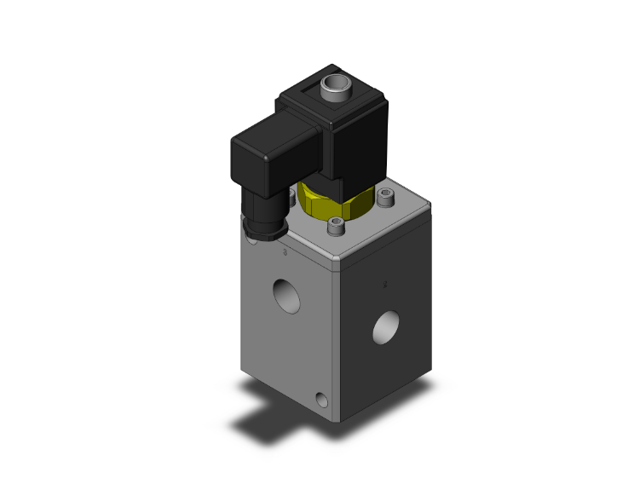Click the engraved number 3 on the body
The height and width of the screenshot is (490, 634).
coord(285,253)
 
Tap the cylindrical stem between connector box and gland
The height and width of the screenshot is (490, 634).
coord(258,204)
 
